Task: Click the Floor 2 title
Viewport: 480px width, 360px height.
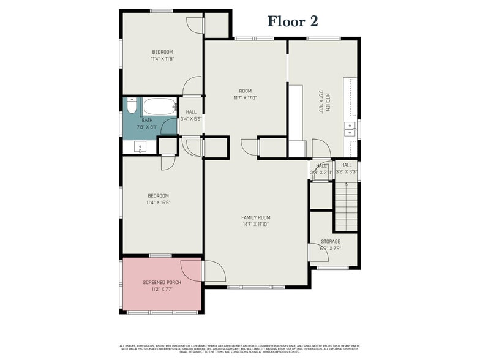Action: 293,21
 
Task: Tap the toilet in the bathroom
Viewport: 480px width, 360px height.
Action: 131,107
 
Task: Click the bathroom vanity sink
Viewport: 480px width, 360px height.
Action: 140,147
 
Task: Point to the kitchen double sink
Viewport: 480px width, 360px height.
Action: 350,129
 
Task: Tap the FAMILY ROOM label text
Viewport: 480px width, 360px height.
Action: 255,217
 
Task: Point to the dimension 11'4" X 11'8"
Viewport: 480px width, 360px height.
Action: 162,59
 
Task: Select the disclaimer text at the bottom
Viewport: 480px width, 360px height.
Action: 240,347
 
